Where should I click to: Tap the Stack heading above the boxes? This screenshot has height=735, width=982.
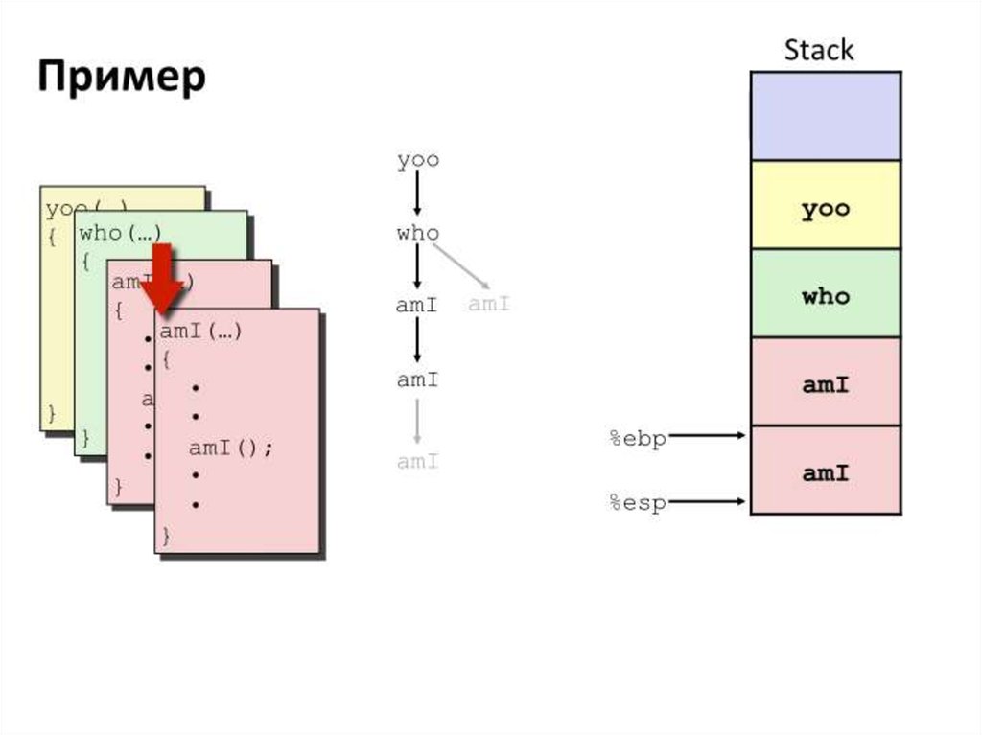coord(818,51)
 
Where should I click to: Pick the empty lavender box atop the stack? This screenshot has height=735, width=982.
coord(825,116)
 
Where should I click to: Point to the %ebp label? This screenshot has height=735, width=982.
coord(638,439)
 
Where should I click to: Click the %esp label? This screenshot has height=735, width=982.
coord(638,503)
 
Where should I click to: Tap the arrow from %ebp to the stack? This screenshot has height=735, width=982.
coord(708,436)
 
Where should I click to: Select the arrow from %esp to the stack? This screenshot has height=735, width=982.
coord(708,500)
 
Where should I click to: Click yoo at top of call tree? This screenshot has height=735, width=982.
coord(418,160)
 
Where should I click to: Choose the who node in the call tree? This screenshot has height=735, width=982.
coord(417,233)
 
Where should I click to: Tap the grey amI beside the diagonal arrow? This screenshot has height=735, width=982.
coord(488,305)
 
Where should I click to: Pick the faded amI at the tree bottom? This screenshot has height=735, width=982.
coord(418,462)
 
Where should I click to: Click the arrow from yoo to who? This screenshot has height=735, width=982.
coord(418,195)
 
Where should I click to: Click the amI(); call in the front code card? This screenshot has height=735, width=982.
coord(231,448)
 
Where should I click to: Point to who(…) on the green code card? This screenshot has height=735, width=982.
coord(120,233)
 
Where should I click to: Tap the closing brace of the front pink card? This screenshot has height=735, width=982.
coord(166,534)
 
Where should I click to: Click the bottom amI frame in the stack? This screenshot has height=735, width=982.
coord(825,472)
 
